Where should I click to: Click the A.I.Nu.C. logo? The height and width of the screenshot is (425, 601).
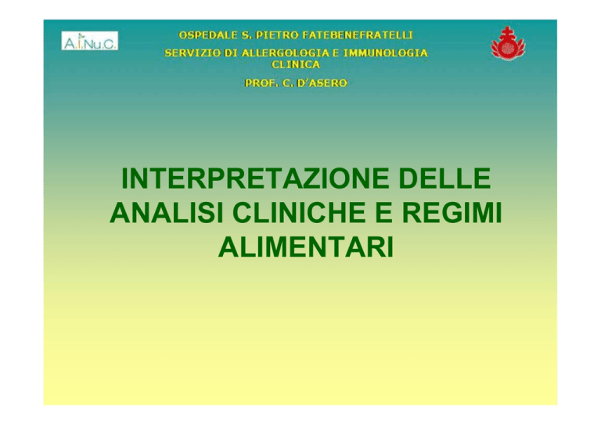coord(90,41)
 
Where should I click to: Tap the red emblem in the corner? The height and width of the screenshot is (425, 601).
coord(508,43)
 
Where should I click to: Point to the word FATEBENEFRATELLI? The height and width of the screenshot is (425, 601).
coord(358,35)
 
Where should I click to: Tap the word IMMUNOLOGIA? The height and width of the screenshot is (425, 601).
coord(386,53)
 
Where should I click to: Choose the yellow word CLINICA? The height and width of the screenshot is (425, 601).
coord(296,64)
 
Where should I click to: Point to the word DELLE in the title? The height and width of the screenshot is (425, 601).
coord(444,178)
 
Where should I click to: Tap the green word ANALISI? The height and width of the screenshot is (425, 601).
coord(167,213)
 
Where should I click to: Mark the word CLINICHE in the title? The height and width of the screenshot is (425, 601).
coord(299,213)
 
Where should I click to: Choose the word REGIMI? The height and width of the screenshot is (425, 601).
coord(452,213)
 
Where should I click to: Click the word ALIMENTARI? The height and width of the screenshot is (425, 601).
coord(306,247)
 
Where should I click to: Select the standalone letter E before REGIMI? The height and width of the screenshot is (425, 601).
coord(383,213)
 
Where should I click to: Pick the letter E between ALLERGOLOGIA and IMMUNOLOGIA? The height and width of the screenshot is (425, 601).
coord(336,53)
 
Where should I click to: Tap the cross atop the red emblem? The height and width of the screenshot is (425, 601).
coord(507,31)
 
